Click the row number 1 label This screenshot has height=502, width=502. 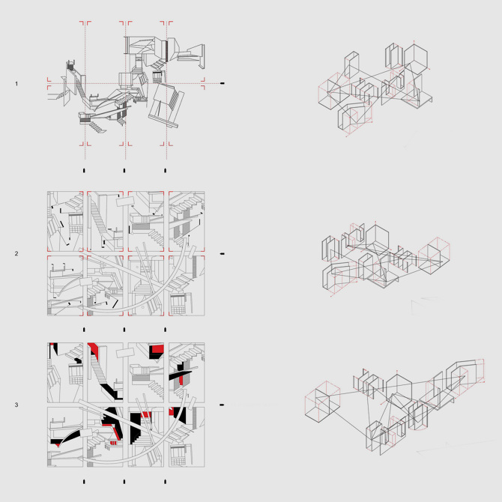pos(16,84)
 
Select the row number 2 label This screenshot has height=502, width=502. pos(16,253)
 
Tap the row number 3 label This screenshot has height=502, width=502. pos(16,405)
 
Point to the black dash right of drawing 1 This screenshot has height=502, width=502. pos(223,83)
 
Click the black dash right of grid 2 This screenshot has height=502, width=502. pos(223,254)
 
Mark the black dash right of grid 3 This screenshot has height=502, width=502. pos(222,405)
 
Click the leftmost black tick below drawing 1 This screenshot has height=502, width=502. pos(84,171)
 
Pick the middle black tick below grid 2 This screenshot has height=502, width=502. pos(124,330)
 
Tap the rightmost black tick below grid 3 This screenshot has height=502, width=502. pos(165,482)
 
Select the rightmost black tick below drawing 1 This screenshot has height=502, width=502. pos(165,171)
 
